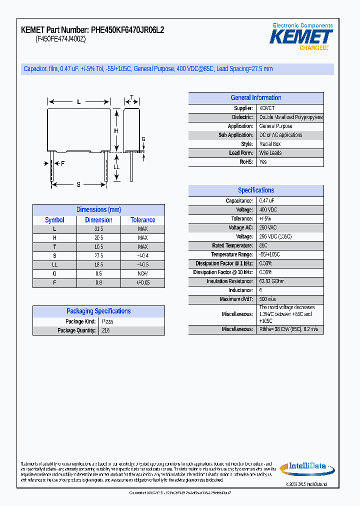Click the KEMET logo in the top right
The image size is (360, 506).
pyautogui.click(x=301, y=37)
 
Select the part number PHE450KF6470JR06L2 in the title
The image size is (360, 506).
pyautogui.click(x=128, y=30)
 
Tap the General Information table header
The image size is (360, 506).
pyautogui.click(x=255, y=98)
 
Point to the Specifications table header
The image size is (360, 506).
pyautogui.click(x=255, y=190)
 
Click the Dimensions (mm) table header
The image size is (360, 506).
pyautogui.click(x=98, y=210)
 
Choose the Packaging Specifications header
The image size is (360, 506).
pyautogui.click(x=98, y=311)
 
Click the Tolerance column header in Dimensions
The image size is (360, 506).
pyautogui.click(x=143, y=220)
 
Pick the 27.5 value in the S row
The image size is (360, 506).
pyautogui.click(x=99, y=256)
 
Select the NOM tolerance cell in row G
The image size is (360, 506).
pyautogui.click(x=143, y=274)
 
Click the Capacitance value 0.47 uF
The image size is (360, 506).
pyautogui.click(x=267, y=201)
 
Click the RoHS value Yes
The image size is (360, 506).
pyautogui.click(x=263, y=162)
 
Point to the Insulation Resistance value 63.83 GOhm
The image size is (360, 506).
pyautogui.click(x=271, y=281)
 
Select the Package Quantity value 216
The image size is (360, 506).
pyautogui.click(x=105, y=330)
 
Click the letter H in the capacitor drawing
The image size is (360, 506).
pyautogui.click(x=116, y=131)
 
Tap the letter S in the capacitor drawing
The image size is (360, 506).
pyautogui.click(x=78, y=184)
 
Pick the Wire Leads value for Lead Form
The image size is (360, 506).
pyautogui.click(x=270, y=153)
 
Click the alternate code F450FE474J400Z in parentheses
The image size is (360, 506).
pyautogui.click(x=60, y=39)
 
